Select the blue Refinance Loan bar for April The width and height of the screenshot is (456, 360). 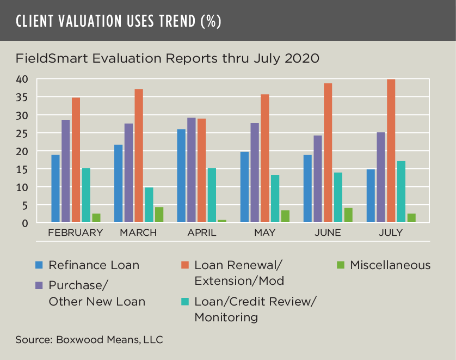coord(181,175)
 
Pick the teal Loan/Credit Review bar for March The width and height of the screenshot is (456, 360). coord(149,205)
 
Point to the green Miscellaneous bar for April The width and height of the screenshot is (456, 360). coord(222,221)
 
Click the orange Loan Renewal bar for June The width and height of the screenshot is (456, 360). coord(328,153)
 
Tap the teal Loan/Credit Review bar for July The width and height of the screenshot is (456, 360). coord(401,192)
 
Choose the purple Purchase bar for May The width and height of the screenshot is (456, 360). coord(255,173)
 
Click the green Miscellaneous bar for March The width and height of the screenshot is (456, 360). coord(159,215)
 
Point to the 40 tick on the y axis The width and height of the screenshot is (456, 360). coord(21,80)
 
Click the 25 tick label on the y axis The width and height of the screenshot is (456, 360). coord(21,133)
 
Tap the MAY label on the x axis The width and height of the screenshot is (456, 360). coord(264,233)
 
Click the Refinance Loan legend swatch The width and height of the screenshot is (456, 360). coord(39,265)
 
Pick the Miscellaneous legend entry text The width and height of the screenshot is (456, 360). coord(390,265)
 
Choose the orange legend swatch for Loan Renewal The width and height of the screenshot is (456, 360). coord(184,265)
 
